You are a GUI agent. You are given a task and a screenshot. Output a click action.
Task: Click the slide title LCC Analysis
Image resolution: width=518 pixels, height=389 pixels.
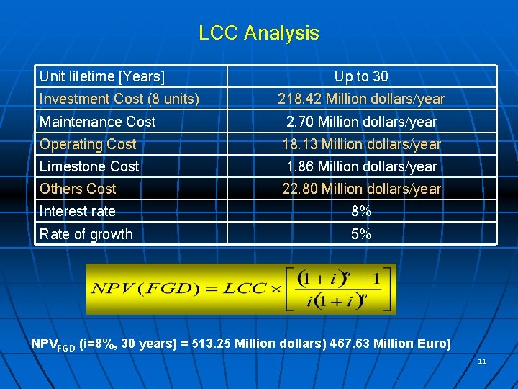[x=259, y=33]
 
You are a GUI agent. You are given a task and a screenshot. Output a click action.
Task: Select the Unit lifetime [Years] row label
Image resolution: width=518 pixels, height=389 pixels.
[x=102, y=76]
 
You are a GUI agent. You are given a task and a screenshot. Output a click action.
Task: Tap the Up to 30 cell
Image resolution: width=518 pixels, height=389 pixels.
[x=361, y=76]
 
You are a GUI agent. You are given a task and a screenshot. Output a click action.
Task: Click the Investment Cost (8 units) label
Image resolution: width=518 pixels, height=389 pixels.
[x=119, y=99]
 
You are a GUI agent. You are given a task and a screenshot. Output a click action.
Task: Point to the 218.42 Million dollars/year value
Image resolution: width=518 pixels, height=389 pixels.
[x=361, y=99]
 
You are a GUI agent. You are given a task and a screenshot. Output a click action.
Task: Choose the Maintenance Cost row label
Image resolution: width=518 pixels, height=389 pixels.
[x=98, y=122]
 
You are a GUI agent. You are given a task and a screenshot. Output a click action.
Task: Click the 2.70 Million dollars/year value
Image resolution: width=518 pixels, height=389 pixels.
[x=361, y=122]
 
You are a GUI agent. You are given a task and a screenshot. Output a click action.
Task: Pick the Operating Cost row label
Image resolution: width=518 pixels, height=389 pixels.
[x=88, y=144]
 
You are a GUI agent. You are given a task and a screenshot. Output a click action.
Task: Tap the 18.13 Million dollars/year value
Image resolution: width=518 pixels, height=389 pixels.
[x=361, y=144]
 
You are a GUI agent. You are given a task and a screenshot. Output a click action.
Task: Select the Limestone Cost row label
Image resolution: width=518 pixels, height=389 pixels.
[x=90, y=166]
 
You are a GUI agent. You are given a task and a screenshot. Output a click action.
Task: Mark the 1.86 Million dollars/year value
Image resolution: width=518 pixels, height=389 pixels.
[x=361, y=166]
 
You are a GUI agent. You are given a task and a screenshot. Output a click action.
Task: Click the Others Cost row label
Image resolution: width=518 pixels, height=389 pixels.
[x=78, y=189]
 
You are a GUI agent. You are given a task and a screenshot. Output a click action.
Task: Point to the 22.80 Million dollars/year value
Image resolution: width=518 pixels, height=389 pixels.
[x=361, y=189]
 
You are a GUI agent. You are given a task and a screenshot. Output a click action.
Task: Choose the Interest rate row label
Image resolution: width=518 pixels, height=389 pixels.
[x=78, y=212]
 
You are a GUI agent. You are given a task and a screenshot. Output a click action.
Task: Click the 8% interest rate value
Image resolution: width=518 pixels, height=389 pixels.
[x=361, y=212]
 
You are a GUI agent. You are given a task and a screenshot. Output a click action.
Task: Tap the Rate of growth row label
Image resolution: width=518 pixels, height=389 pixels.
[x=86, y=234]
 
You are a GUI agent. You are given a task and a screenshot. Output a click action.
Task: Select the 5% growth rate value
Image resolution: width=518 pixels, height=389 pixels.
[x=361, y=234]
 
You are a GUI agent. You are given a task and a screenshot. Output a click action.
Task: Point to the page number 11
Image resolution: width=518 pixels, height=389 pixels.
[x=482, y=361]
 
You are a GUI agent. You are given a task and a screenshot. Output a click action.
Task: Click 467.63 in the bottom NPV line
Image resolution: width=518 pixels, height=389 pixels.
[x=350, y=344]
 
